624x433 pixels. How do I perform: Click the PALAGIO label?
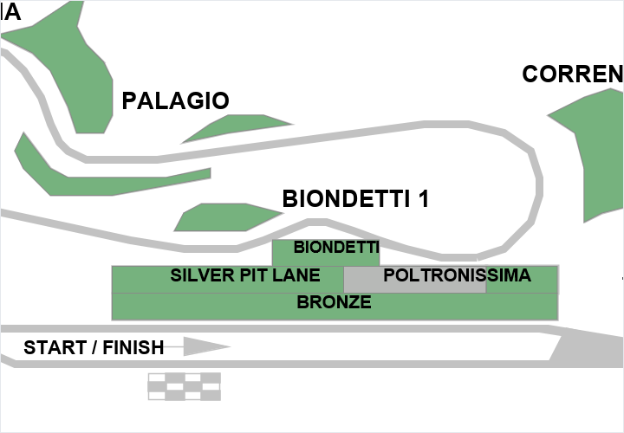coord(175,100)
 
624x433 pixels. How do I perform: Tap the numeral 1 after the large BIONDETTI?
coord(423,199)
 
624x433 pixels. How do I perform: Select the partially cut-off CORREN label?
coord(573,75)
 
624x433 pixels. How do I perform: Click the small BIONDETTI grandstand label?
coord(336,248)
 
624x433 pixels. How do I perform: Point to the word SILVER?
coord(200,276)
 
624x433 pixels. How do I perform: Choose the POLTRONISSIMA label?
coord(457,276)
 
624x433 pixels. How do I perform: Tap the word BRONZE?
coord(334,303)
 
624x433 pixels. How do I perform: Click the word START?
coord(54,348)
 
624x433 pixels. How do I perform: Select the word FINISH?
coord(133,348)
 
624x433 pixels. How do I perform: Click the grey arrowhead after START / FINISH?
coord(206,347)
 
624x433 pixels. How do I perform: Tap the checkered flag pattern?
coord(184,386)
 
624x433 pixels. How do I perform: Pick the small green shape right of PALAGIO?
coord(238,127)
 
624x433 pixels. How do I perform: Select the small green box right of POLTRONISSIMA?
coord(521,279)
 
